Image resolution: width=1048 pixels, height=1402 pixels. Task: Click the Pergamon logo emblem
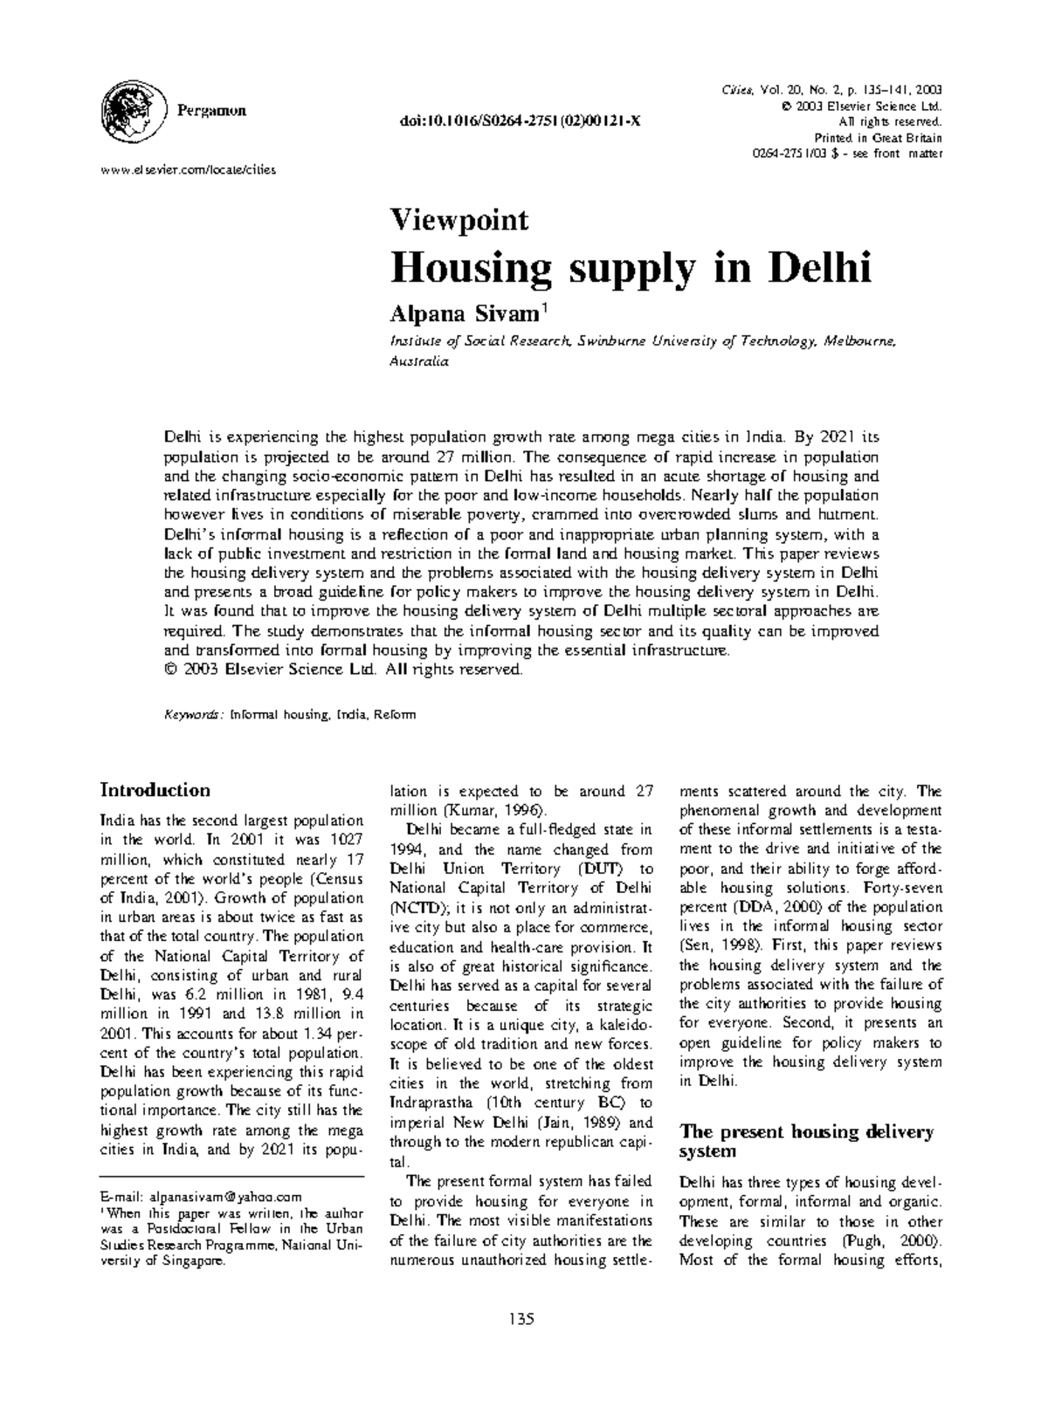(x=134, y=111)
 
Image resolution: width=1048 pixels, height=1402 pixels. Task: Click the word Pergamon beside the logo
(x=211, y=111)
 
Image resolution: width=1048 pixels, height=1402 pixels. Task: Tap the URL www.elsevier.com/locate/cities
(x=188, y=169)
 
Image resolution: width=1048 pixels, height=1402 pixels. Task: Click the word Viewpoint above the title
(x=458, y=219)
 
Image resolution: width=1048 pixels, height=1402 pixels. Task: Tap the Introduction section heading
(x=155, y=790)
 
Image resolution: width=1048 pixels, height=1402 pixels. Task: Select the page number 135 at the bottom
(x=522, y=1318)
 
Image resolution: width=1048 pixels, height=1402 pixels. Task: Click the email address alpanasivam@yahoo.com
(x=225, y=1197)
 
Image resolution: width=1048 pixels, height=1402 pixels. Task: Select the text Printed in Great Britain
(x=878, y=138)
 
